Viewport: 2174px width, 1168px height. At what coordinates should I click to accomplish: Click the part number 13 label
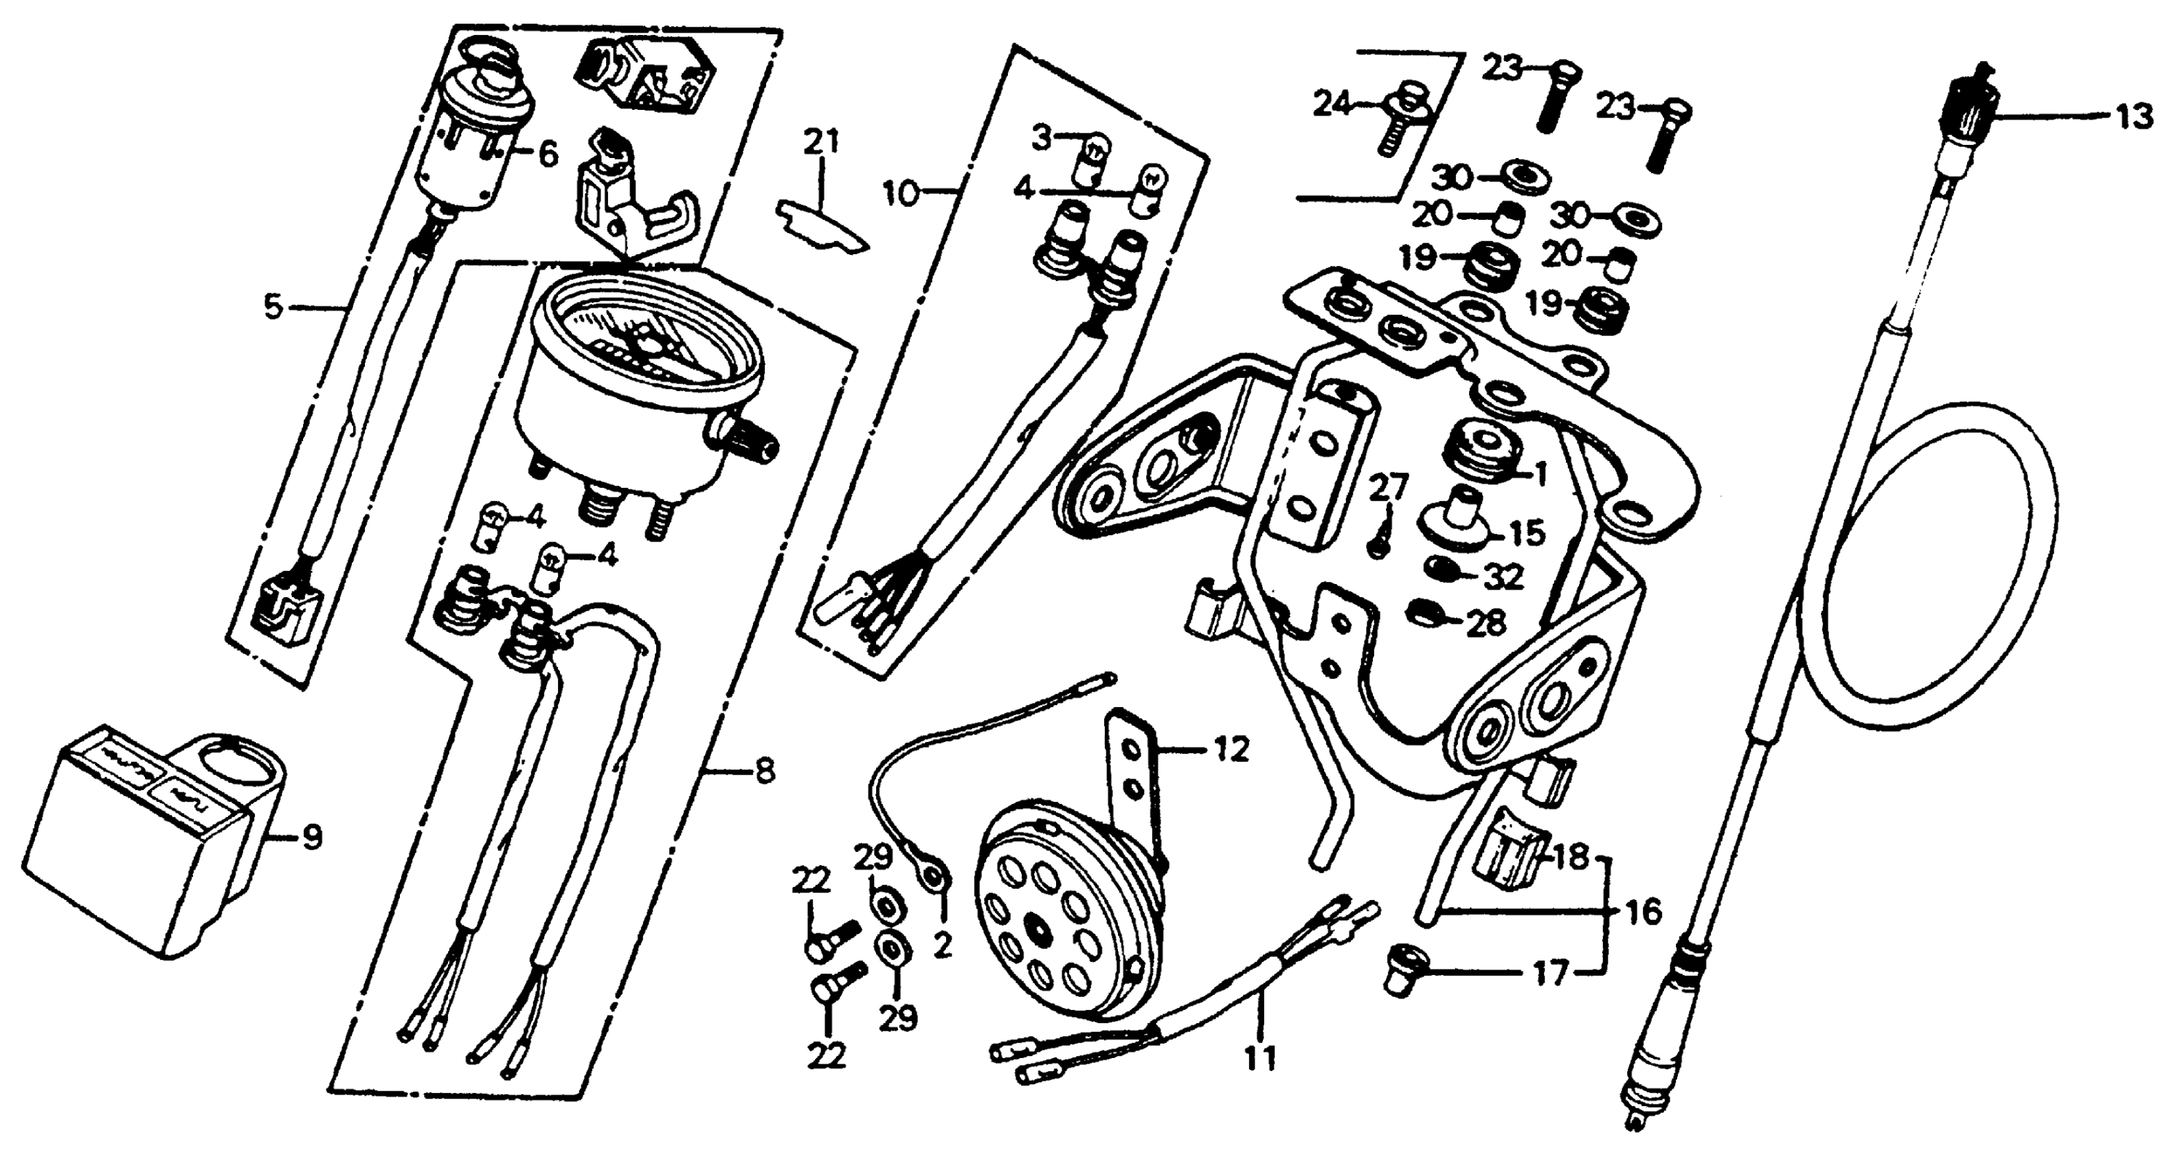click(2133, 117)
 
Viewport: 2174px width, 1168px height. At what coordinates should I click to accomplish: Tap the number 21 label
click(821, 142)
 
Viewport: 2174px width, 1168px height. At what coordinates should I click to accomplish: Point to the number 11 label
click(1260, 1057)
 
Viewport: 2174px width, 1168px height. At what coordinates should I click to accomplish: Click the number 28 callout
click(1486, 623)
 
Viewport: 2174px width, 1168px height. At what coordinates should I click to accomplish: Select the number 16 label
click(1641, 912)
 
